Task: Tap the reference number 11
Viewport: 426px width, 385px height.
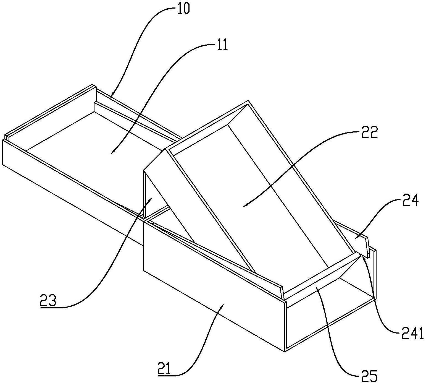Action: [x=222, y=45]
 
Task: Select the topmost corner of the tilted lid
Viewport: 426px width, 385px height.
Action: [x=248, y=100]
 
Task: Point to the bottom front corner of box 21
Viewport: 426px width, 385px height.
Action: [x=285, y=352]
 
